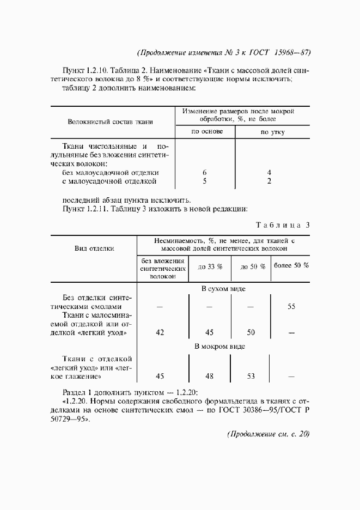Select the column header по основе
[205, 132]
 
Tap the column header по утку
[272, 132]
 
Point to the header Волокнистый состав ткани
[110, 122]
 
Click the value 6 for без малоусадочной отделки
[204, 172]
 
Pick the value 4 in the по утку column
[270, 172]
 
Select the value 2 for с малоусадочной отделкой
[270, 181]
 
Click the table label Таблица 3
[282, 224]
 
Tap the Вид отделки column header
[94, 248]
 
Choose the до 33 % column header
[210, 267]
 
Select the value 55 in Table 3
[291, 307]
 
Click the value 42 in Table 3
[160, 332]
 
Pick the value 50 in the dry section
[251, 332]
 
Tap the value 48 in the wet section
[209, 376]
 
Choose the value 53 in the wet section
[251, 376]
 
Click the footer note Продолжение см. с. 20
[267, 434]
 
